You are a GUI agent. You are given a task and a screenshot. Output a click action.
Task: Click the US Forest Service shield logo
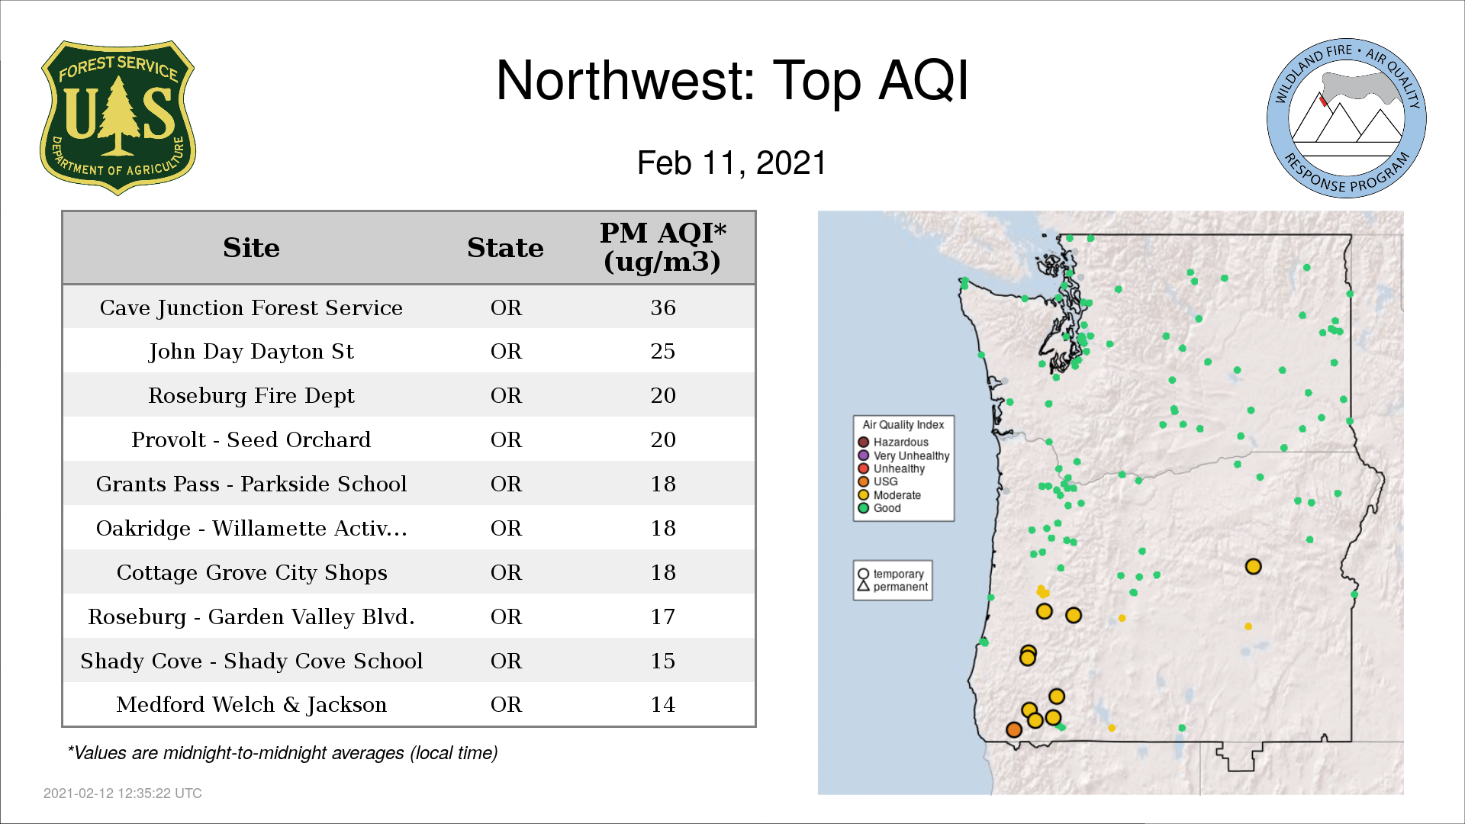pos(118,117)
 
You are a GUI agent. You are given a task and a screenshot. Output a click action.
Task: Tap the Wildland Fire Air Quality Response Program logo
pos(1346,118)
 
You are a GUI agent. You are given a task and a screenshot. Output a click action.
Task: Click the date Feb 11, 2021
pos(732,163)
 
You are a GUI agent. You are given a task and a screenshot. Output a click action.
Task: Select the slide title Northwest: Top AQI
pos(732,80)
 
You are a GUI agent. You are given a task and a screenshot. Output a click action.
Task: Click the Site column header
pos(251,248)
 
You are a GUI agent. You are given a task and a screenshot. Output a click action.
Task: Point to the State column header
pos(505,248)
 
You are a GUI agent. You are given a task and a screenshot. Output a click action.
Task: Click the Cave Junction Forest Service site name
pos(251,307)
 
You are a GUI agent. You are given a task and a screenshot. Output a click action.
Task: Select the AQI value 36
pos(663,307)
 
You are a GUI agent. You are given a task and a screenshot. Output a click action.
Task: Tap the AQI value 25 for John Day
pos(663,351)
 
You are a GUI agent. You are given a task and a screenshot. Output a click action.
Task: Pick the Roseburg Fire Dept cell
pos(251,395)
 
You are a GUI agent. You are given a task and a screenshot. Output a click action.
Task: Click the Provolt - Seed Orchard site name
pos(251,439)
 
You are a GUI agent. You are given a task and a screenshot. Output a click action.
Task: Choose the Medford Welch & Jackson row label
pos(251,704)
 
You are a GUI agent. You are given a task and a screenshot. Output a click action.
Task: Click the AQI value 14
pos(663,704)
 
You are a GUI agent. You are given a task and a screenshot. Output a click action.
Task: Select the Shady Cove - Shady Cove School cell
pos(251,661)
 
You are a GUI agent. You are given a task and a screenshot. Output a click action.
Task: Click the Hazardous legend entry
pos(893,443)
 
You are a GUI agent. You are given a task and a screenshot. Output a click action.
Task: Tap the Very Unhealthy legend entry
pos(903,455)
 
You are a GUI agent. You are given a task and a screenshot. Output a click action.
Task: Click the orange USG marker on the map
pos(1013,729)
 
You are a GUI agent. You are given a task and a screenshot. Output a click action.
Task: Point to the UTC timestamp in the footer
pos(123,793)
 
